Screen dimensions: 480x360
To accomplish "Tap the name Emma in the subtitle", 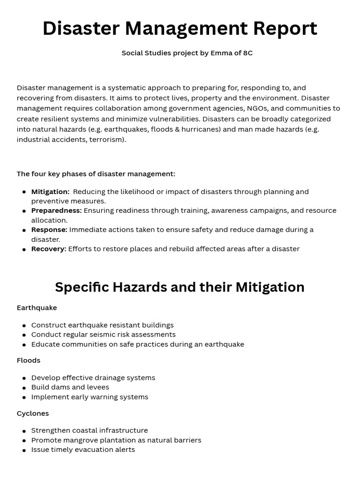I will pyautogui.click(x=221, y=53).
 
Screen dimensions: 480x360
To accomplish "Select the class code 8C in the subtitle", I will pyautogui.click(x=247, y=53).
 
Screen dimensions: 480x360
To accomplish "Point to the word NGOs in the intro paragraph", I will pyautogui.click(x=257, y=108).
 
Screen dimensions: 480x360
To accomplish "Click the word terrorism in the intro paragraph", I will pyautogui.click(x=108, y=139).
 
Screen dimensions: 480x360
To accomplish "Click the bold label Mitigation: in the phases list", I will pyautogui.click(x=50, y=192).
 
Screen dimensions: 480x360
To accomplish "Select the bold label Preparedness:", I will pyautogui.click(x=56, y=210).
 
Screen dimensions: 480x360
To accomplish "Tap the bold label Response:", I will pyautogui.click(x=49, y=230).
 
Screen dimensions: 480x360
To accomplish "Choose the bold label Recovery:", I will pyautogui.click(x=49, y=249).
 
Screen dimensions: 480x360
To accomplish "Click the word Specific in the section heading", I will pyautogui.click(x=82, y=287).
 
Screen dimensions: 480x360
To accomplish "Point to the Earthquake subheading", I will pyautogui.click(x=37, y=308).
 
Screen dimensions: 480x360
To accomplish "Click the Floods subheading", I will pyautogui.click(x=29, y=360).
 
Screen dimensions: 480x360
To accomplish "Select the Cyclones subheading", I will pyautogui.click(x=33, y=413).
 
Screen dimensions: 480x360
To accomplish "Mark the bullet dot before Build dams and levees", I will pyautogui.click(x=24, y=388).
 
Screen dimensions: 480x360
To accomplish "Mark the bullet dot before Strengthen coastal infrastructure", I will pyautogui.click(x=24, y=431).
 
